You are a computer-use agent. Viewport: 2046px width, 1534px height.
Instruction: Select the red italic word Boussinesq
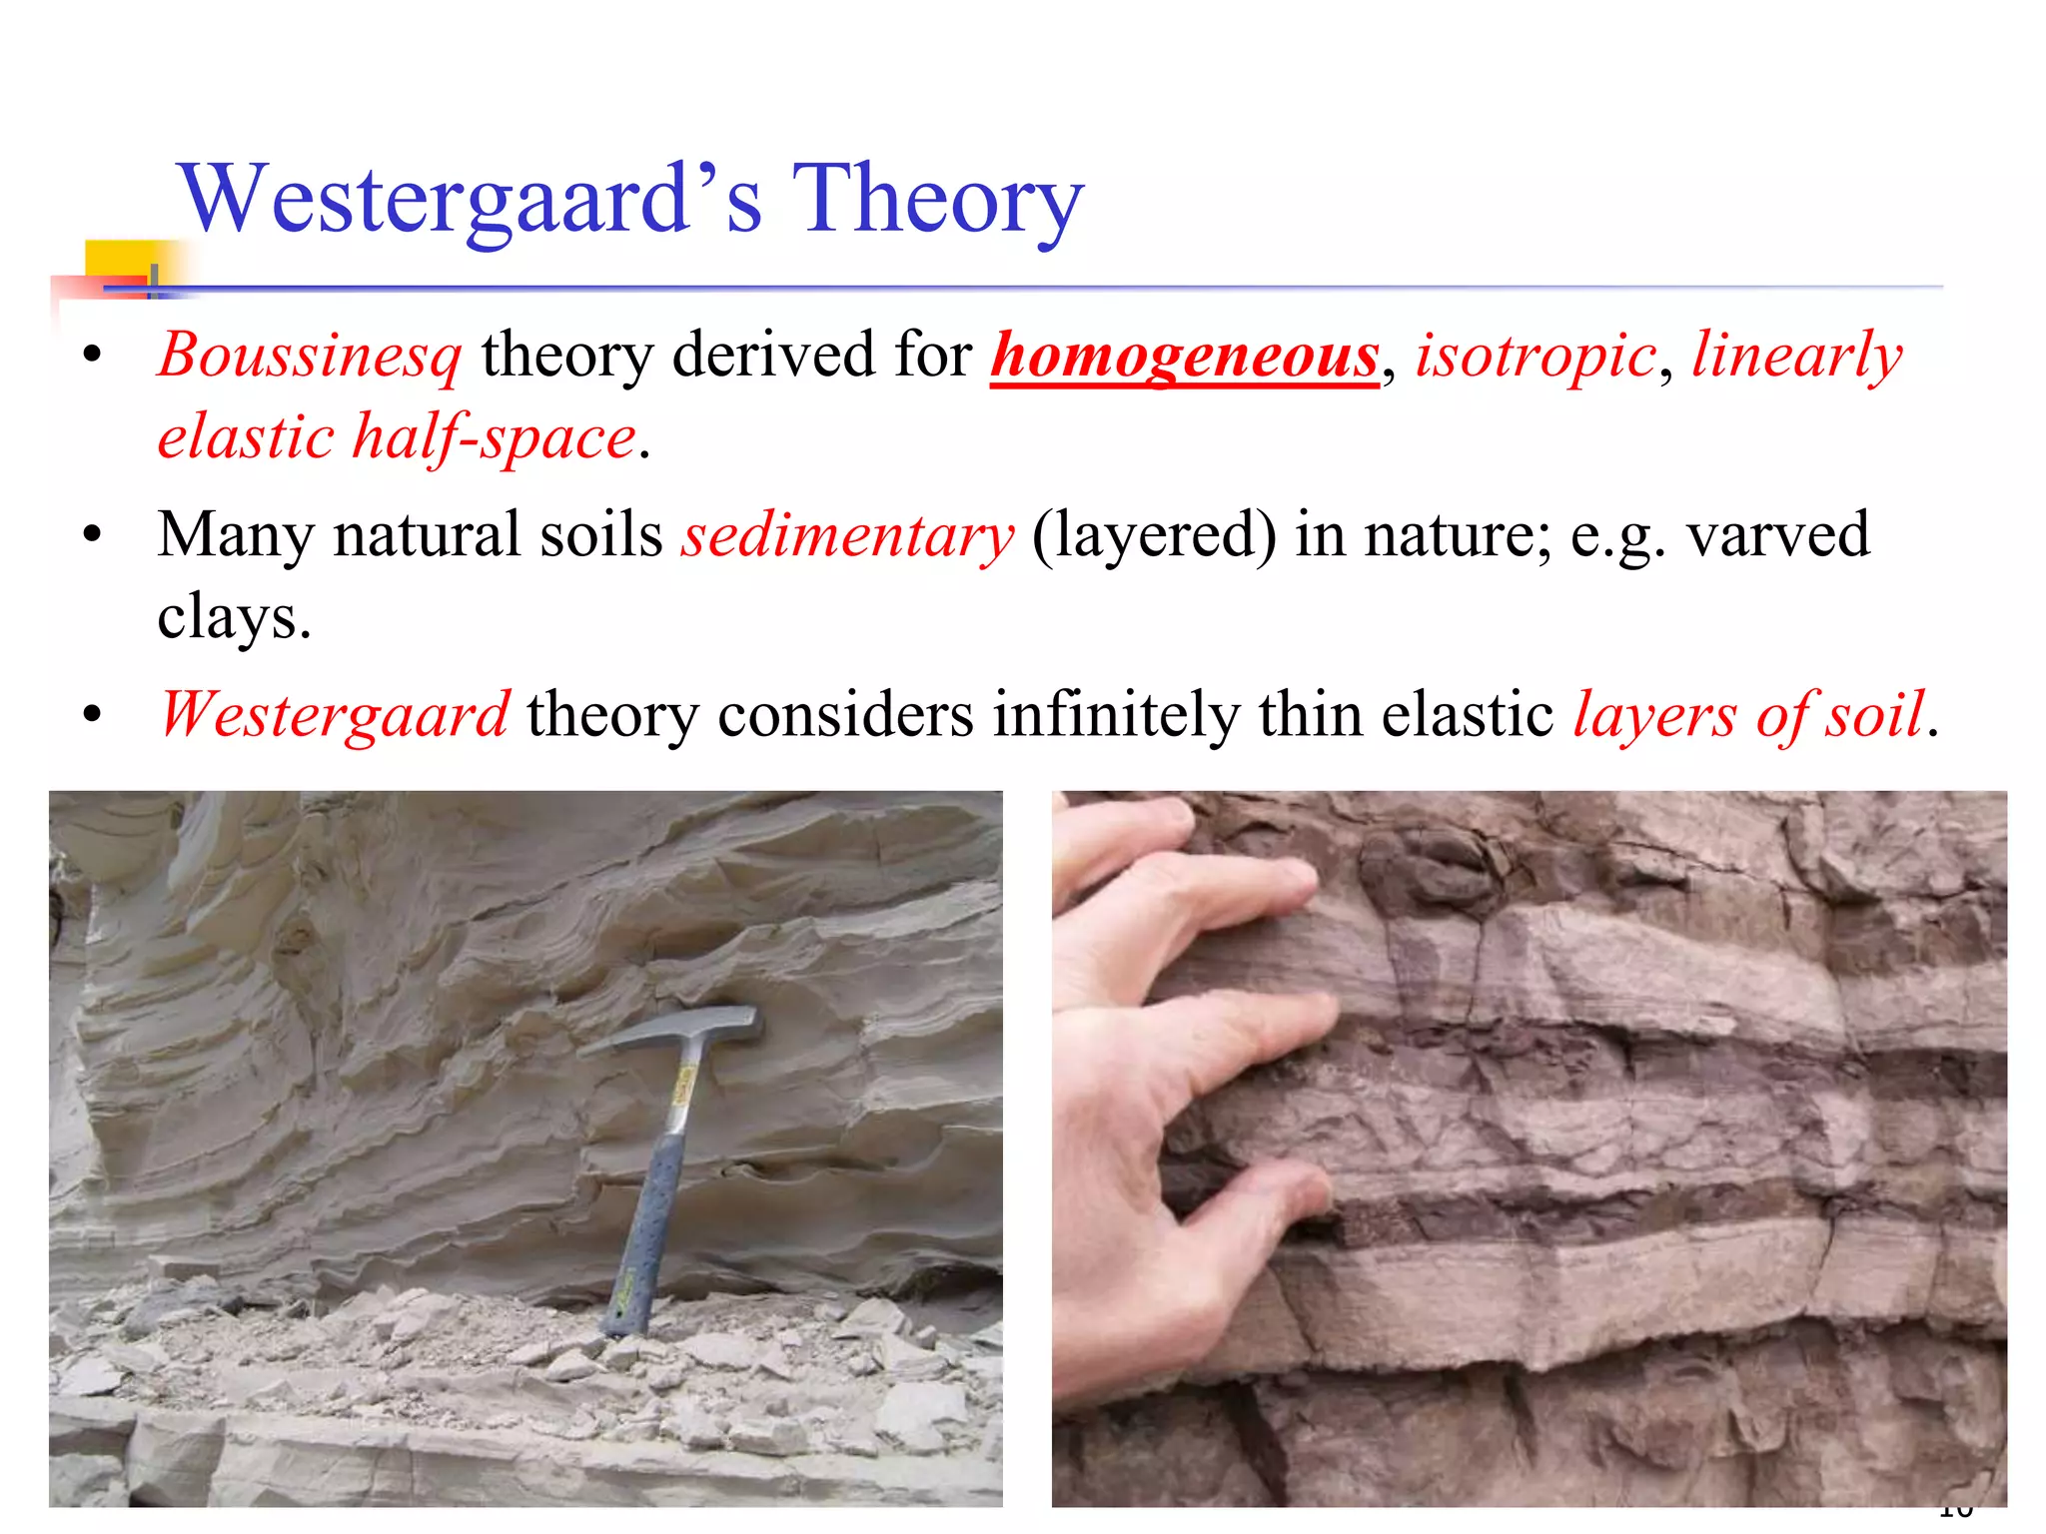tap(310, 356)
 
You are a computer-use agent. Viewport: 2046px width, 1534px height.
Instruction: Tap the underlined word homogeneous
tap(1185, 356)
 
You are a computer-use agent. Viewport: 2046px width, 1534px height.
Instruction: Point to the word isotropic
tap(1535, 356)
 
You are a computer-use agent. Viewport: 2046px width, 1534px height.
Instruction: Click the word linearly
tap(1796, 356)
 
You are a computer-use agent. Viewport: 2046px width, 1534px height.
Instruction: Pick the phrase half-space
tap(495, 437)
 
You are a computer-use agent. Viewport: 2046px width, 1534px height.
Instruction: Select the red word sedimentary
tap(847, 535)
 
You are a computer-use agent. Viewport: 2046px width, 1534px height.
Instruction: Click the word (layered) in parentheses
tap(1154, 535)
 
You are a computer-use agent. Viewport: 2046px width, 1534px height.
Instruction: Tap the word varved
tap(1778, 535)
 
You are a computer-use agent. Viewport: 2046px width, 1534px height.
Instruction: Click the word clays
tap(234, 617)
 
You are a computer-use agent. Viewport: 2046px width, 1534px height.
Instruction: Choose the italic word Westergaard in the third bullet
tap(336, 715)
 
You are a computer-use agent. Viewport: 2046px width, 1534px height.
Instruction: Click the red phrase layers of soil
tap(1748, 715)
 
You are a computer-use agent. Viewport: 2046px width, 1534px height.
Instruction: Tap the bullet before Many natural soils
tap(93, 536)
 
